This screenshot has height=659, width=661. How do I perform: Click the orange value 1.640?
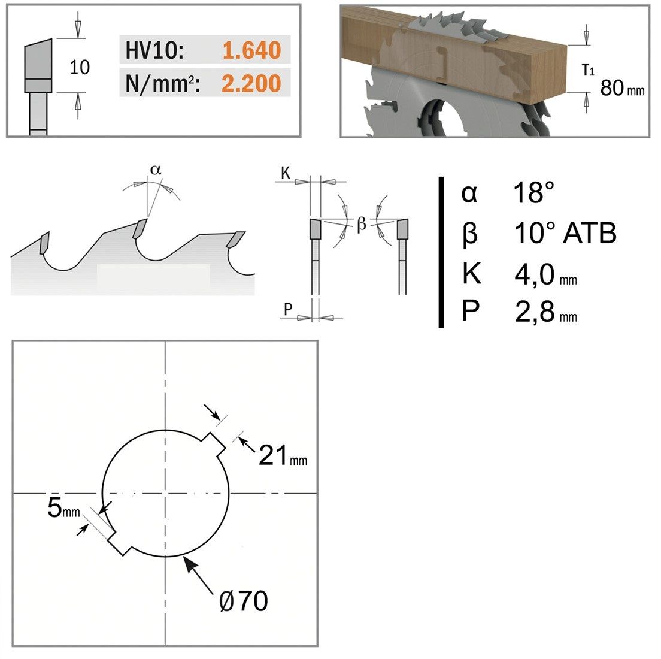[251, 50]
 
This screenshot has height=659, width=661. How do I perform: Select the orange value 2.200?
[251, 83]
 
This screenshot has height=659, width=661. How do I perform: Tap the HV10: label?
[154, 50]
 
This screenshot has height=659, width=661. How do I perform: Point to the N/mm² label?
[162, 84]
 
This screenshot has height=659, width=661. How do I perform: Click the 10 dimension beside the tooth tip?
[80, 68]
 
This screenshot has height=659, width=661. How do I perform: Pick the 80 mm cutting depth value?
[622, 87]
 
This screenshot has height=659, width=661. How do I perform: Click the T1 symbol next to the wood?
[588, 70]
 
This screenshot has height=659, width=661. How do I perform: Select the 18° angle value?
[533, 192]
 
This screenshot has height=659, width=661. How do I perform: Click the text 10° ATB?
[565, 233]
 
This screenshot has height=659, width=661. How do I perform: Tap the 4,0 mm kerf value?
[545, 274]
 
